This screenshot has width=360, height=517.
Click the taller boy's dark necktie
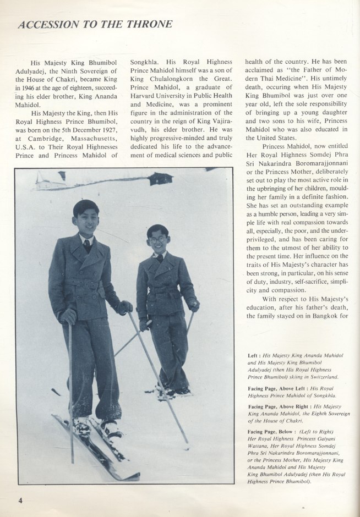click(87, 245)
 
